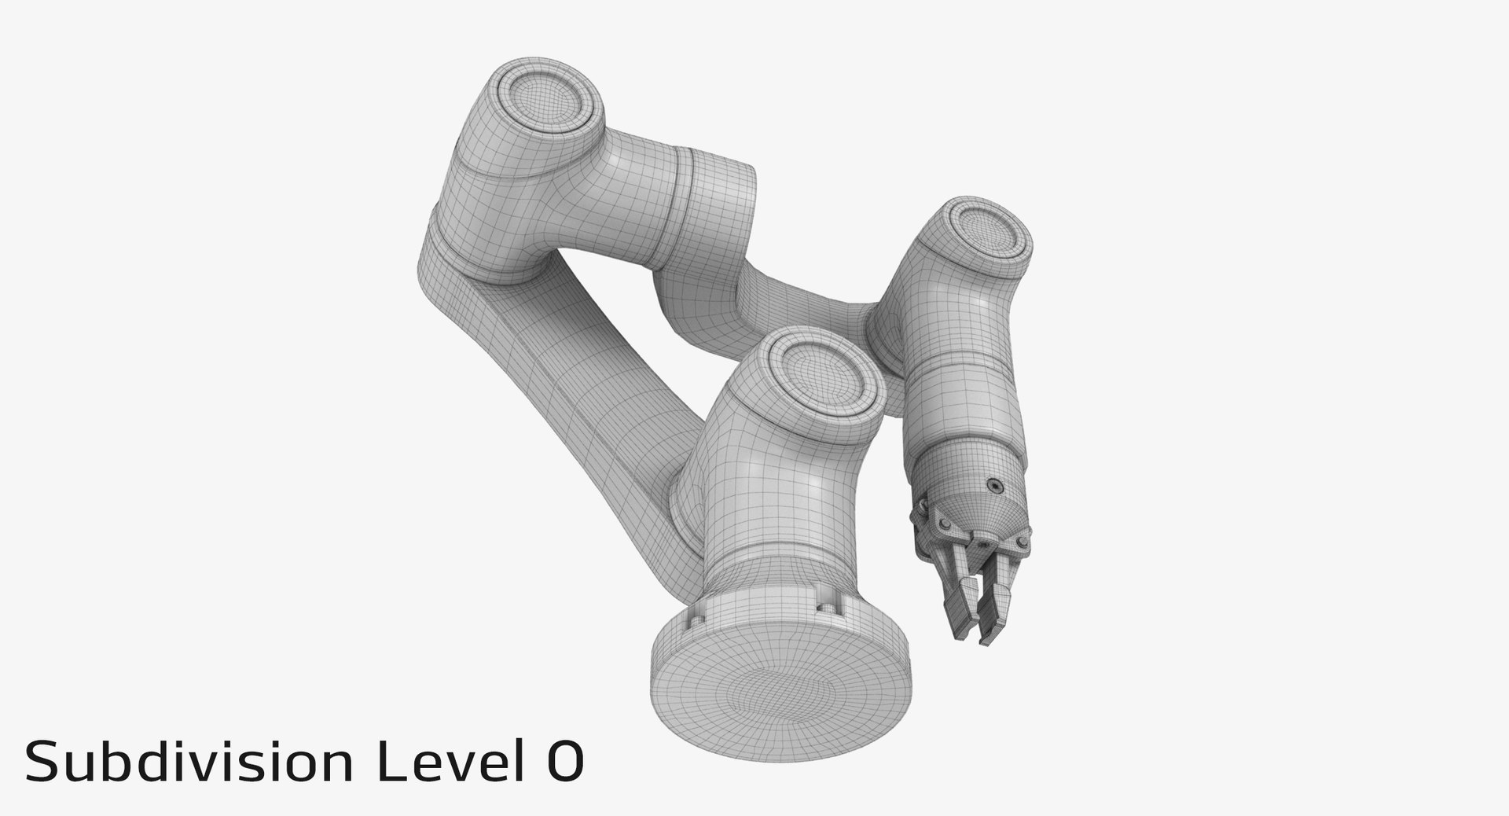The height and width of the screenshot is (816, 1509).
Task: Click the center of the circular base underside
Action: click(780, 692)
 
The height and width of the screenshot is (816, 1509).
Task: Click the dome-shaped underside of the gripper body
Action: click(982, 515)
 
